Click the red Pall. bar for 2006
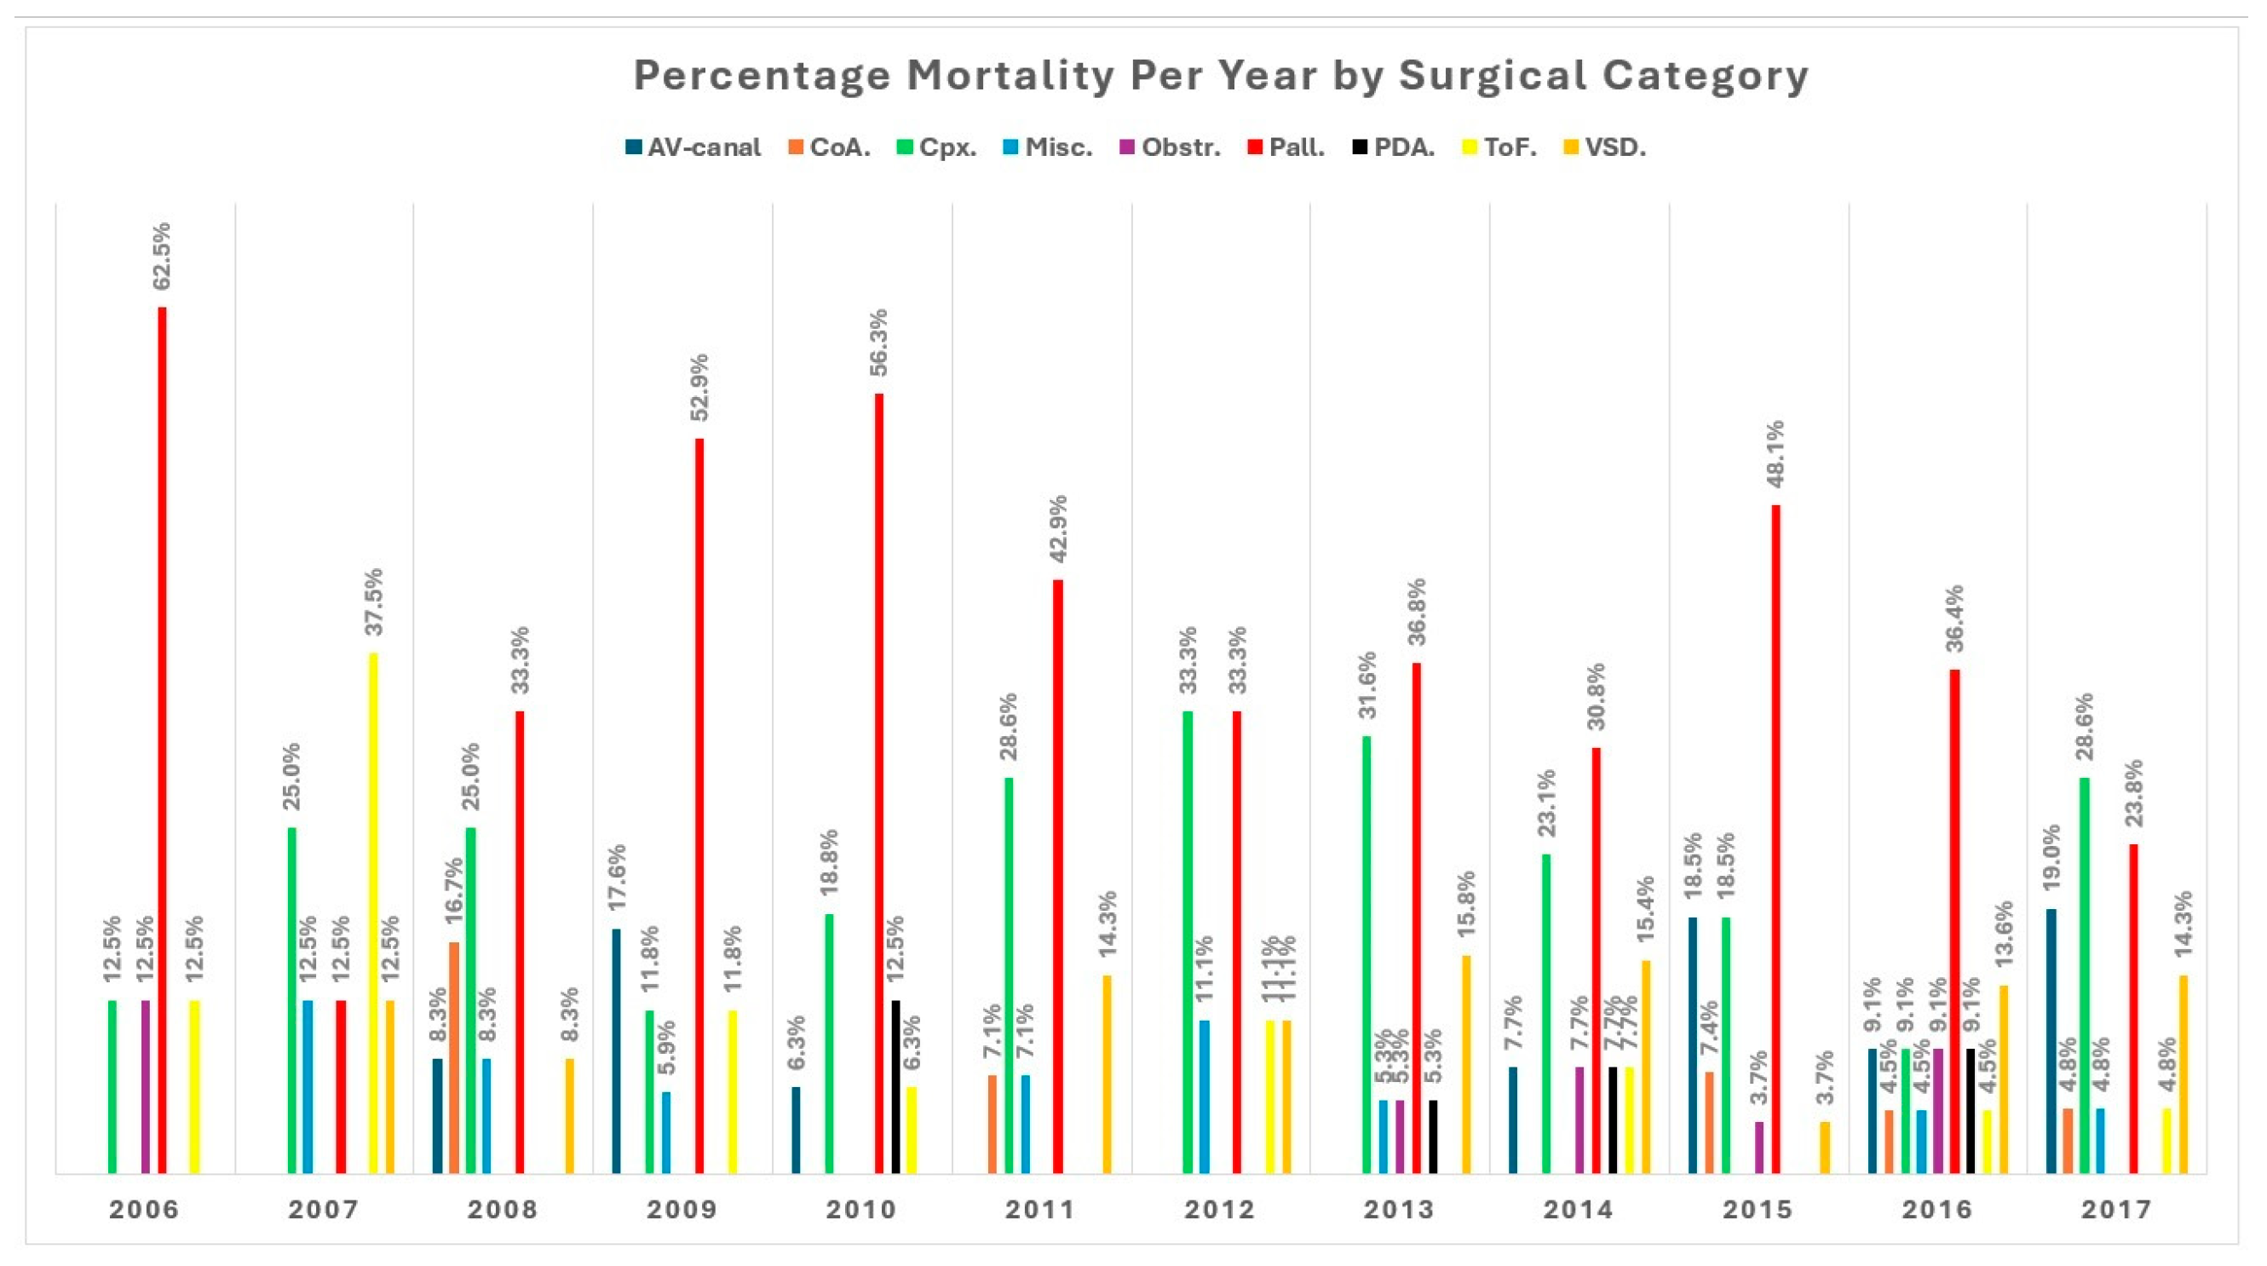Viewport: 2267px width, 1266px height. (x=162, y=739)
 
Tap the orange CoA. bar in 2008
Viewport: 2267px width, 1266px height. (x=454, y=1056)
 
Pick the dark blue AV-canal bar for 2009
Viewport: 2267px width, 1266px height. (x=616, y=1050)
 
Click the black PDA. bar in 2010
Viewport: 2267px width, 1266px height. (x=896, y=1085)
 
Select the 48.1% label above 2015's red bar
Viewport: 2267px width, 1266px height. (x=1777, y=454)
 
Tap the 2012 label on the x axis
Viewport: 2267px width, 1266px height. (x=1220, y=1210)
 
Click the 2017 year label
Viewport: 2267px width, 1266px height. (x=2116, y=1210)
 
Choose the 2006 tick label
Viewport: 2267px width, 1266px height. (x=144, y=1210)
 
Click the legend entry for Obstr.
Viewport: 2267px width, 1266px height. (x=1171, y=147)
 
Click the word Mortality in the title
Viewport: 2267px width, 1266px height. (x=1011, y=75)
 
